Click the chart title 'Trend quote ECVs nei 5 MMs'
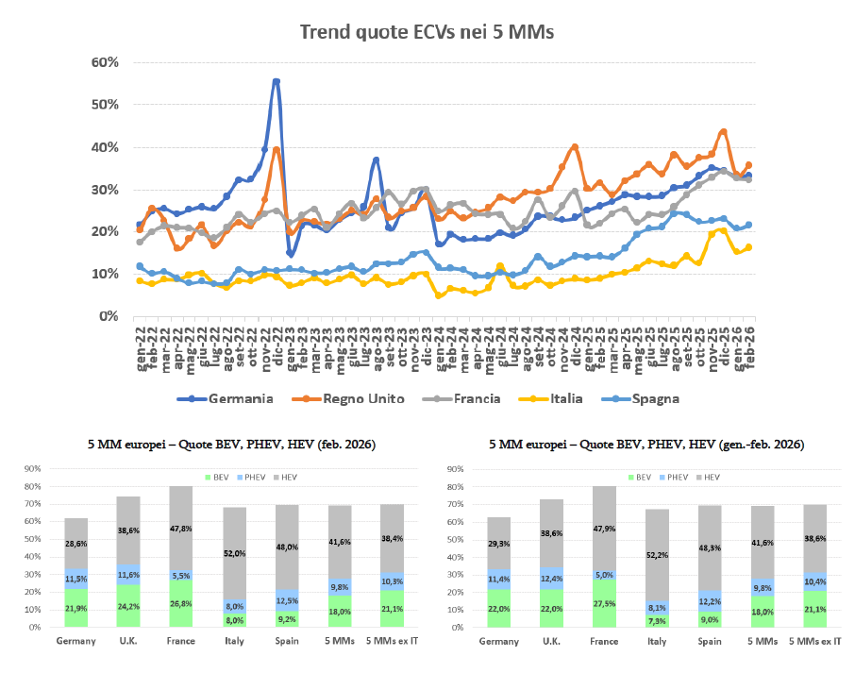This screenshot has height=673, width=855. pyautogui.click(x=426, y=31)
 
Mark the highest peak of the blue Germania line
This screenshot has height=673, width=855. pyautogui.click(x=276, y=81)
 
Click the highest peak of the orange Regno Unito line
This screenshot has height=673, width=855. pyautogui.click(x=723, y=131)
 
